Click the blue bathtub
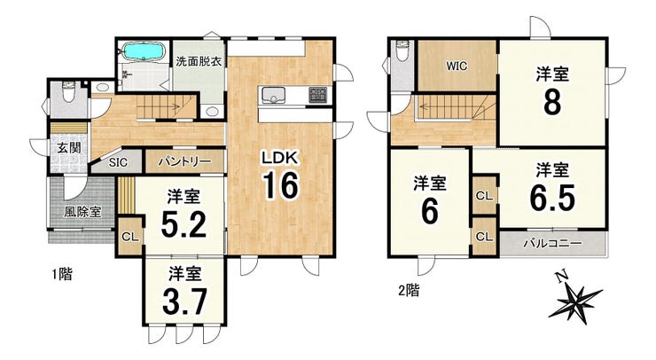pos(144,51)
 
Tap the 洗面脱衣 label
pos(199,61)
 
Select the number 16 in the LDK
pos(280,185)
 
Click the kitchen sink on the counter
pos(274,96)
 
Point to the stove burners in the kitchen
pos(319,95)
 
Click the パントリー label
pos(184,161)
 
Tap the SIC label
pos(118,162)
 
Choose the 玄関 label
pos(69,148)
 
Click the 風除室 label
pos(82,212)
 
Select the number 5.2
pos(184,224)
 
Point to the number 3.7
pos(184,301)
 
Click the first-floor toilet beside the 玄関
pos(67,92)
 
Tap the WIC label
pos(457,67)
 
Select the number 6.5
pos(552,198)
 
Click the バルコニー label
pos(552,243)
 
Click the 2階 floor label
pos(409,290)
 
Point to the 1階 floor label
pos(62,274)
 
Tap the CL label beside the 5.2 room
pos(129,237)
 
